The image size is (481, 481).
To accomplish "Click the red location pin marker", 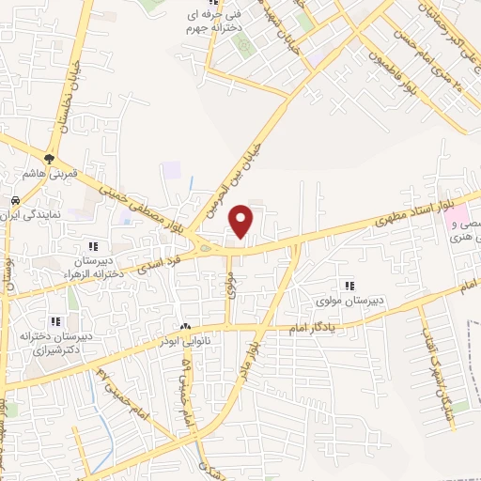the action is [x=242, y=221].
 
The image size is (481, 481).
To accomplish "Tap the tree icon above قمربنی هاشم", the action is [x=49, y=158].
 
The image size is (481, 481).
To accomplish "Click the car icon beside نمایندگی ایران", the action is [x=15, y=202].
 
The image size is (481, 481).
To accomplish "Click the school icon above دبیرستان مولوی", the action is [x=350, y=286].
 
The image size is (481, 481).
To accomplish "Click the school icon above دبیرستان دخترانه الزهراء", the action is [x=92, y=247].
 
